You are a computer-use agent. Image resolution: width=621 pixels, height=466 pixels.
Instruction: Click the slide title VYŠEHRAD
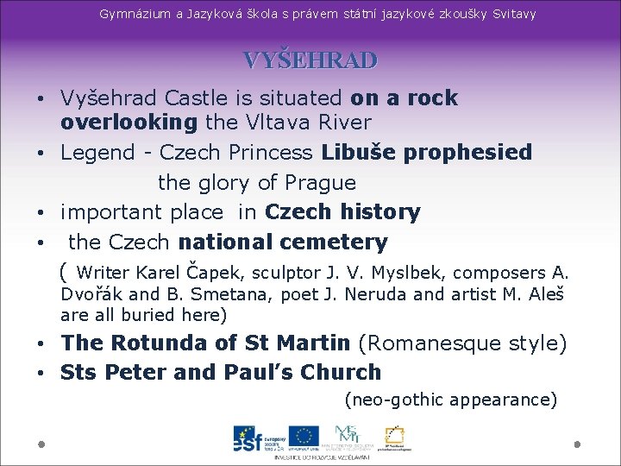point(310,60)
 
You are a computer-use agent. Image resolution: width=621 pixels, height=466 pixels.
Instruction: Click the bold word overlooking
point(129,123)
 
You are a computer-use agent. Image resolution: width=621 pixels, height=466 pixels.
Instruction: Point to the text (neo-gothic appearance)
point(450,400)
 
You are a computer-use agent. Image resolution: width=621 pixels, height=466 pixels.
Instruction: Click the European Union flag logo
point(304,437)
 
